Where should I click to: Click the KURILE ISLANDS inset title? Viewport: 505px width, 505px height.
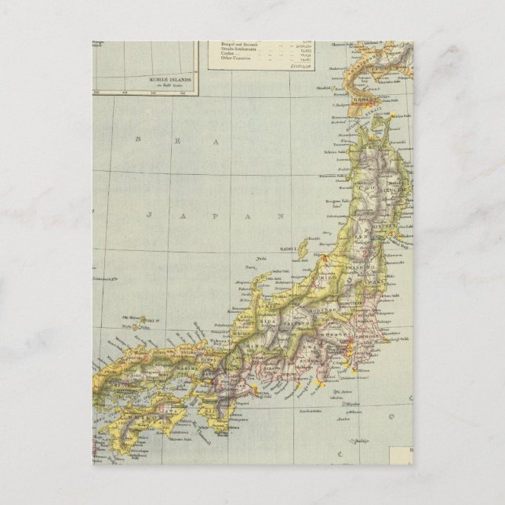point(164,79)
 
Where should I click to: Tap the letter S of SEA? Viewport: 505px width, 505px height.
point(140,139)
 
